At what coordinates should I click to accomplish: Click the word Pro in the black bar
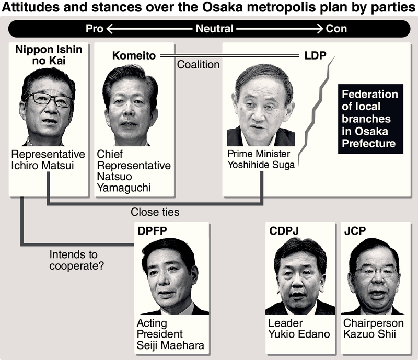coord(95,28)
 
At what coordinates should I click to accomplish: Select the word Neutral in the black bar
coord(214,28)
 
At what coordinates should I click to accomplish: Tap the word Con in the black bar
coord(336,28)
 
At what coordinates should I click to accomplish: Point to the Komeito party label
coord(134,55)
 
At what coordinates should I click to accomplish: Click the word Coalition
coord(199,65)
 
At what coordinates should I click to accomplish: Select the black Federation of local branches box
coord(370,119)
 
